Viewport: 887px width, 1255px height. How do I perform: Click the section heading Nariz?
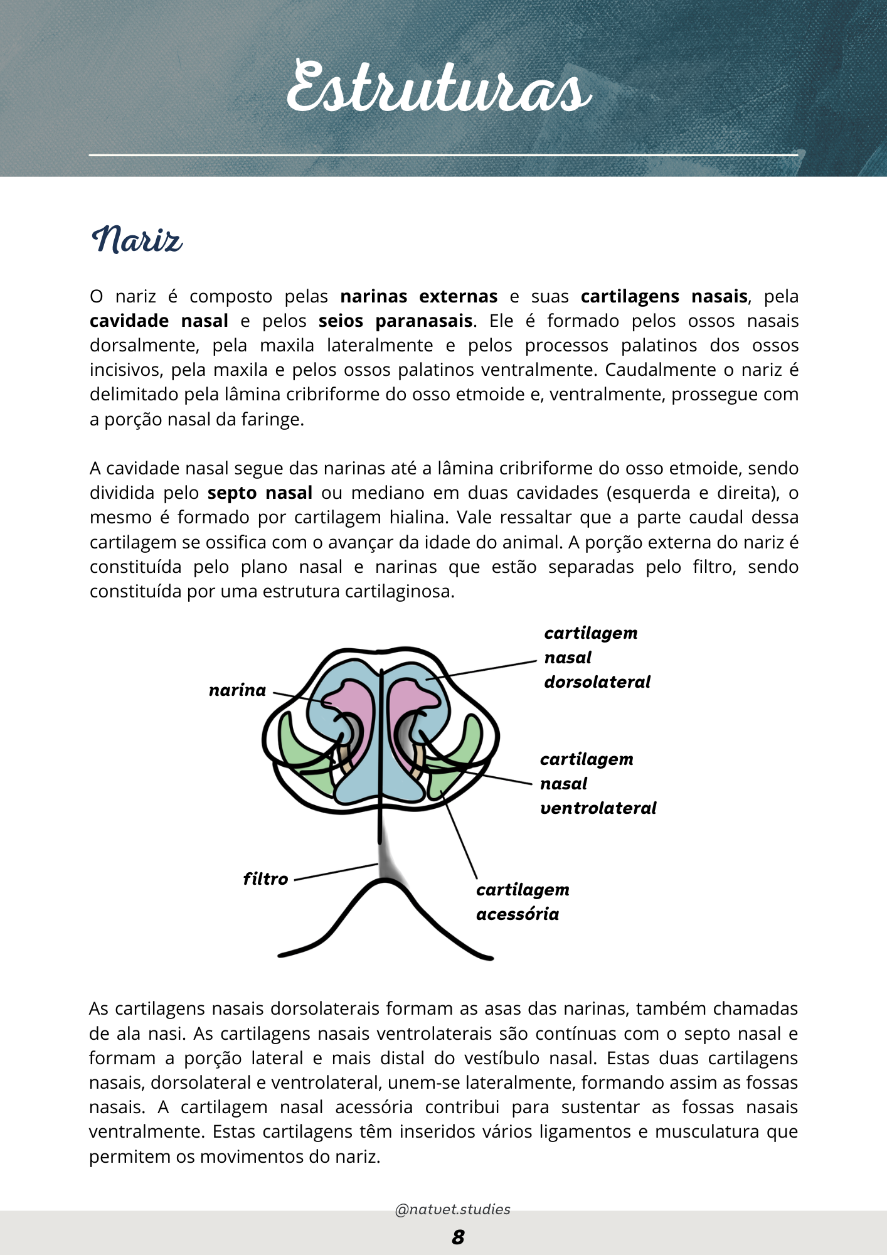137,240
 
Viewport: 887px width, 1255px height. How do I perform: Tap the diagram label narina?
237,690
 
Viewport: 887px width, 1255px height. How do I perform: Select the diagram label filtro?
265,879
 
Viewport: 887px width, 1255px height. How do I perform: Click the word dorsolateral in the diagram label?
597,682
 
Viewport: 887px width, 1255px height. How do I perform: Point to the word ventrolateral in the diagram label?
598,808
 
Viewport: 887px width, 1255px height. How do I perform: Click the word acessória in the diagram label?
518,914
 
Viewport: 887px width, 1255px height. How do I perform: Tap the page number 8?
458,1237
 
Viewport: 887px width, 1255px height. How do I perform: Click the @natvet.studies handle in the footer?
452,1209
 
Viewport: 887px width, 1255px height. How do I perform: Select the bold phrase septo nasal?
260,493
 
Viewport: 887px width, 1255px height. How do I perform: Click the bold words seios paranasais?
395,321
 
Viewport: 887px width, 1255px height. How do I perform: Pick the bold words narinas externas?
418,296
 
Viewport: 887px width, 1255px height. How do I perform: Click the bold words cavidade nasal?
159,321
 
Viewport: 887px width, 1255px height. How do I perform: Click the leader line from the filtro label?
336,872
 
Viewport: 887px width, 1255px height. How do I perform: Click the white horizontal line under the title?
443,154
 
